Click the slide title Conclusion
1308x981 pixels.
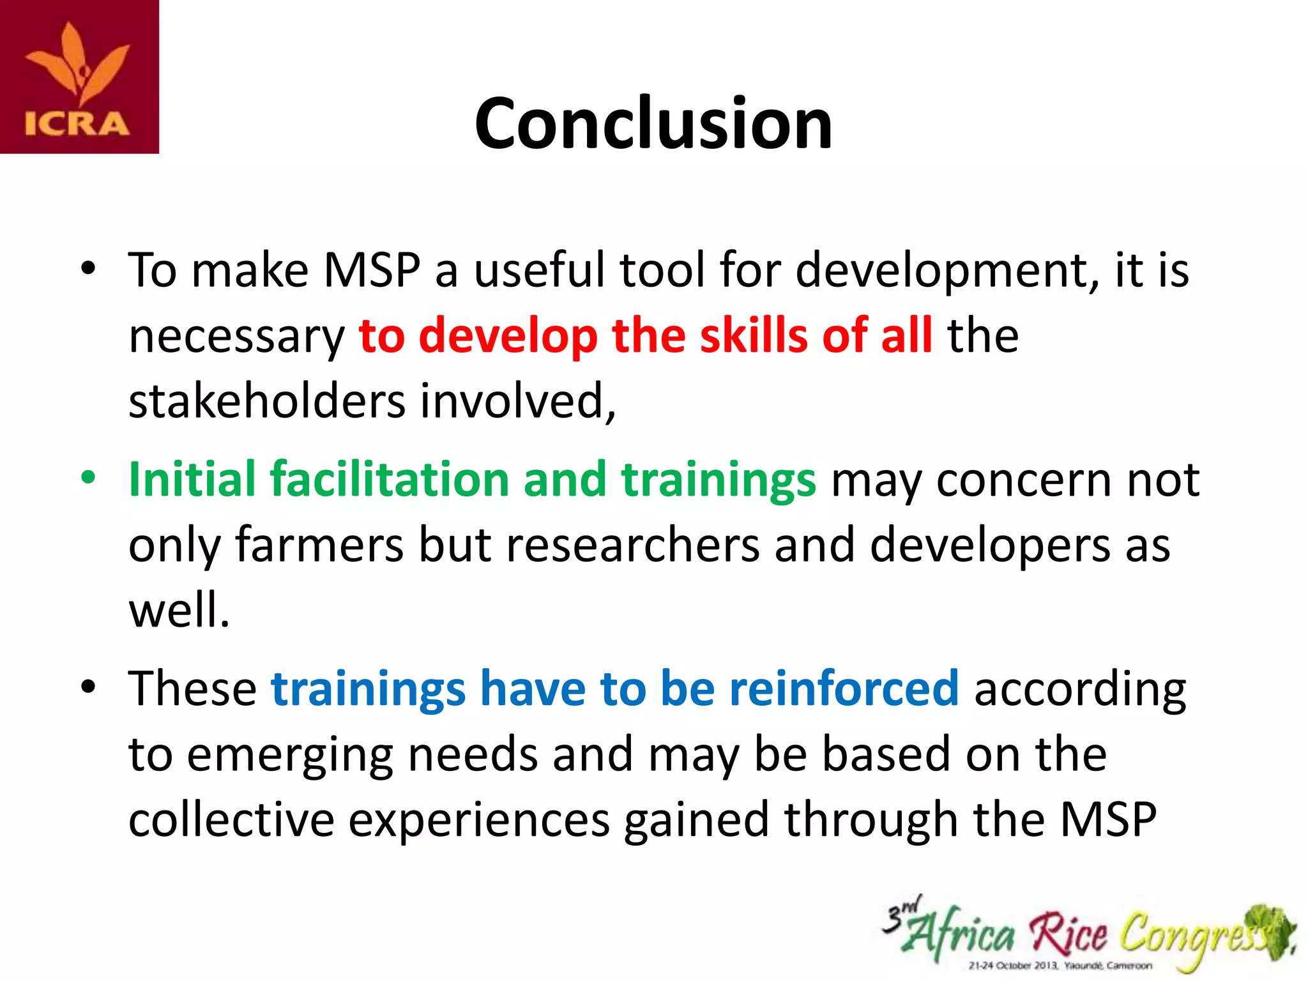click(653, 123)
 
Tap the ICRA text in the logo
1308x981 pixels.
click(77, 124)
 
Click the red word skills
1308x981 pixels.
click(754, 335)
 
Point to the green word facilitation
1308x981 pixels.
click(389, 479)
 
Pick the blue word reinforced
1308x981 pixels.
click(844, 688)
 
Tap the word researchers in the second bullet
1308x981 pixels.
click(633, 545)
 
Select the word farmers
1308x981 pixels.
click(319, 545)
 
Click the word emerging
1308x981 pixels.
click(290, 755)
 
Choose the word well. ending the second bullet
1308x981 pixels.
click(179, 611)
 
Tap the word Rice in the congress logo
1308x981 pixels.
click(1068, 934)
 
